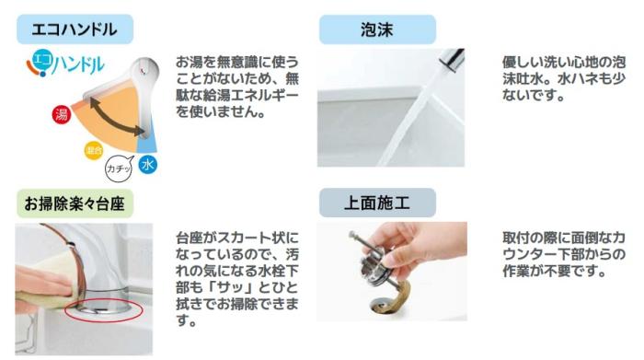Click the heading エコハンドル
75,29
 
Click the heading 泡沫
363,29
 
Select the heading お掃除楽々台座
75,203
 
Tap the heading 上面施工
363,203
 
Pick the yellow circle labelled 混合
94,149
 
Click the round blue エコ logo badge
40,62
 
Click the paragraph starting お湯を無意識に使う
237,87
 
